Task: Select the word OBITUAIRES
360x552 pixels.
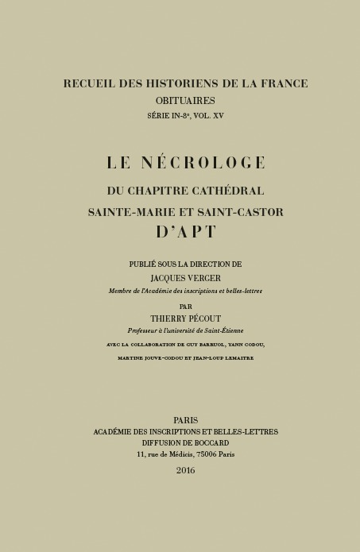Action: point(186,101)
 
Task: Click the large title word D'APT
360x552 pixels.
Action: point(186,233)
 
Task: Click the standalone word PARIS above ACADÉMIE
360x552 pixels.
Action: point(185,420)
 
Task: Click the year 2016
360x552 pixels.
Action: point(185,470)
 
